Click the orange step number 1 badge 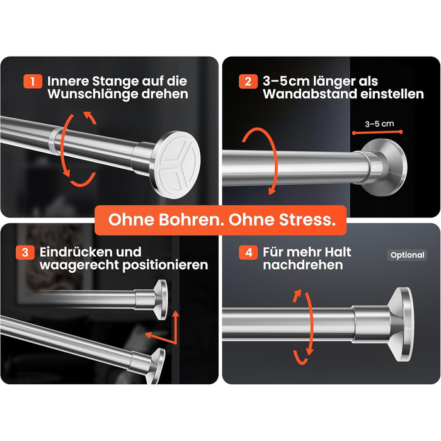click(x=33, y=81)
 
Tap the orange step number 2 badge click(x=248, y=81)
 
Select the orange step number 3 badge click(x=25, y=252)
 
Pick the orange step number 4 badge click(x=248, y=252)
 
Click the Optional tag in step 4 click(x=407, y=255)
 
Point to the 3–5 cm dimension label click(x=379, y=123)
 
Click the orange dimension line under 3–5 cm click(x=377, y=132)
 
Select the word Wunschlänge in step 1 click(x=93, y=94)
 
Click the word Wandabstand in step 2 click(x=310, y=94)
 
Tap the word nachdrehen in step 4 click(x=303, y=265)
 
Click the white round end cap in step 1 click(x=177, y=165)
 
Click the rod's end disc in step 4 click(x=402, y=324)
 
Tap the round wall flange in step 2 click(x=386, y=167)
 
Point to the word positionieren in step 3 click(x=165, y=265)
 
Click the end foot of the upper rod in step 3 click(x=159, y=299)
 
